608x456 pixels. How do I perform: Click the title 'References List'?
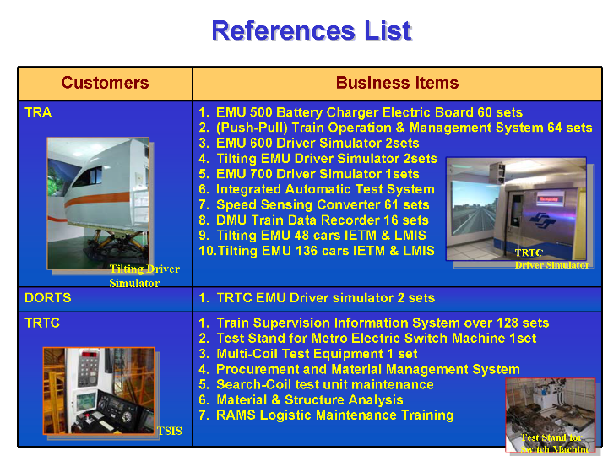pyautogui.click(x=312, y=30)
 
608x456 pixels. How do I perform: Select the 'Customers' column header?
pyautogui.click(x=105, y=83)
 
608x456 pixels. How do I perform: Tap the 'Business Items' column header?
pyautogui.click(x=397, y=83)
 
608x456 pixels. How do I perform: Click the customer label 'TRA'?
pyautogui.click(x=38, y=112)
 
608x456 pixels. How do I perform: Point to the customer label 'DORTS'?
pyautogui.click(x=47, y=298)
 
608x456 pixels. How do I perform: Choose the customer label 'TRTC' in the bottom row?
pyautogui.click(x=42, y=323)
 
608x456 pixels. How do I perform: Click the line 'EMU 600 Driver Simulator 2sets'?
pyautogui.click(x=318, y=143)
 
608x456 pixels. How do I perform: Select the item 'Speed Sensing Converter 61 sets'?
pyautogui.click(x=323, y=204)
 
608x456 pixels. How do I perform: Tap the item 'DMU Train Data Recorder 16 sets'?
pyautogui.click(x=323, y=220)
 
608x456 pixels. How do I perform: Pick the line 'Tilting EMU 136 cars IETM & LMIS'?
pyautogui.click(x=326, y=251)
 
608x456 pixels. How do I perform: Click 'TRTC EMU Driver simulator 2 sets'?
pyautogui.click(x=325, y=298)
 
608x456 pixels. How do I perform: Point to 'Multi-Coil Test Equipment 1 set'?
pyautogui.click(x=317, y=354)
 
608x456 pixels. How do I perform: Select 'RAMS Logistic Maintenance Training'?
pyautogui.click(x=335, y=415)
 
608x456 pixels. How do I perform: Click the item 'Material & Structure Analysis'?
pyautogui.click(x=309, y=399)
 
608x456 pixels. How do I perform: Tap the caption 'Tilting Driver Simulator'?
pyautogui.click(x=144, y=275)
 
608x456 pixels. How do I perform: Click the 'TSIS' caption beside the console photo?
pyautogui.click(x=170, y=431)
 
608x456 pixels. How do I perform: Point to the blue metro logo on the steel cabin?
pyautogui.click(x=542, y=220)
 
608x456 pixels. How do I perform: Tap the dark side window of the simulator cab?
pyautogui.click(x=87, y=177)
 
